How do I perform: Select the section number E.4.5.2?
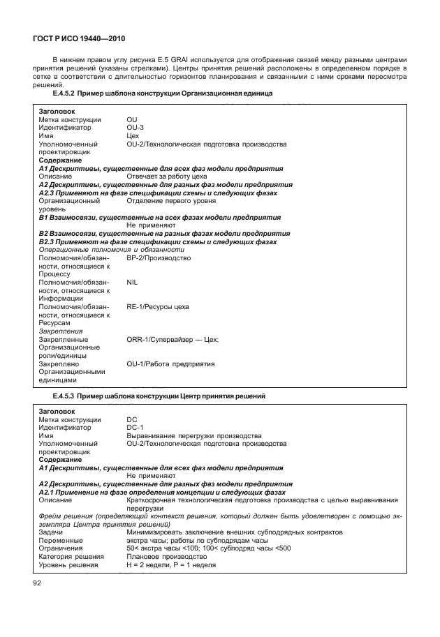[x=64, y=93]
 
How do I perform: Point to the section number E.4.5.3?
[x=64, y=396]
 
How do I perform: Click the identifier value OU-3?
[x=135, y=128]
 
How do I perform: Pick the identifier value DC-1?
[x=135, y=427]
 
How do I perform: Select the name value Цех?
[x=133, y=136]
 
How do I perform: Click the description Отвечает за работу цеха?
[x=168, y=177]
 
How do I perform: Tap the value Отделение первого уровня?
[x=171, y=201]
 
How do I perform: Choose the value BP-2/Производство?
[x=159, y=257]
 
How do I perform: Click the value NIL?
[x=133, y=283]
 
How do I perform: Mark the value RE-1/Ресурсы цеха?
[x=158, y=306]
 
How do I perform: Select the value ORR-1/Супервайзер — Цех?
[x=173, y=339]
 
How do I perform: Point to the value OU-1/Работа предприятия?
[x=170, y=364]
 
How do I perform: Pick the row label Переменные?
[x=61, y=540]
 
